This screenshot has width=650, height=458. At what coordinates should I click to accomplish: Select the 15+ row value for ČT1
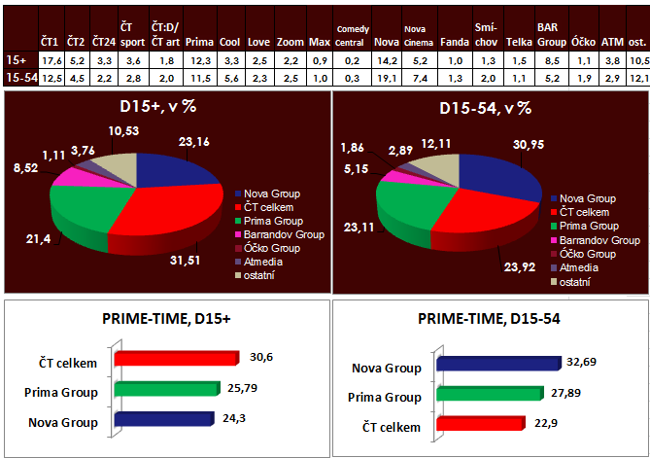[51, 59]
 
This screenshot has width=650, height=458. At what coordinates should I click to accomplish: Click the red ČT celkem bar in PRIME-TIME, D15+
[175, 358]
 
